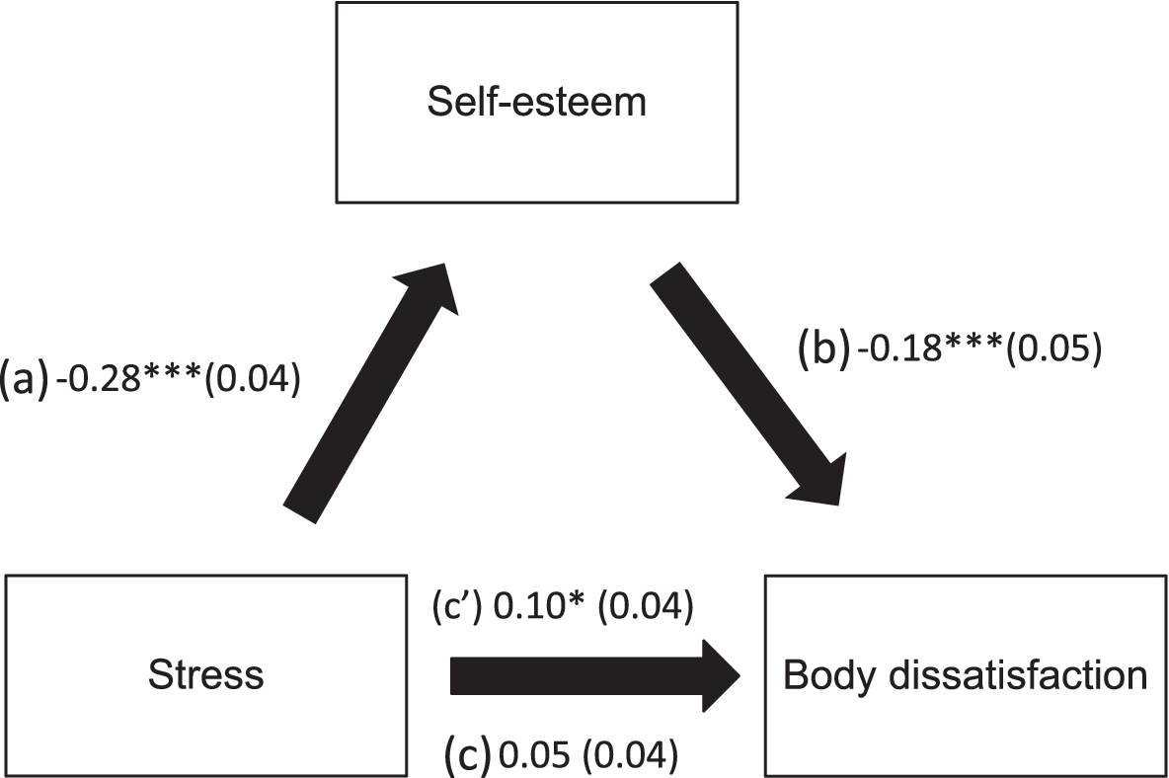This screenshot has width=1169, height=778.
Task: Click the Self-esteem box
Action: (537, 102)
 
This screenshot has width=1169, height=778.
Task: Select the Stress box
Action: (206, 673)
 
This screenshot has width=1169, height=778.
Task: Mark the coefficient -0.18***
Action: (925, 351)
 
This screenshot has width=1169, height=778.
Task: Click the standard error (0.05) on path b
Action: (1052, 351)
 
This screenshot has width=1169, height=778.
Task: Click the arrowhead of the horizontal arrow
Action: (721, 676)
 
